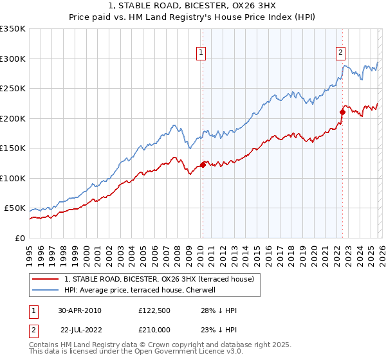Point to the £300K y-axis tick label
coord(13,59)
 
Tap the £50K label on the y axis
coord(15,208)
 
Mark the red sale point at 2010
coord(203,165)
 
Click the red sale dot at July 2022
coord(342,113)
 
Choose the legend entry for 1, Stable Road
coord(159,278)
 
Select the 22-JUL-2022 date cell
coord(80,328)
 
